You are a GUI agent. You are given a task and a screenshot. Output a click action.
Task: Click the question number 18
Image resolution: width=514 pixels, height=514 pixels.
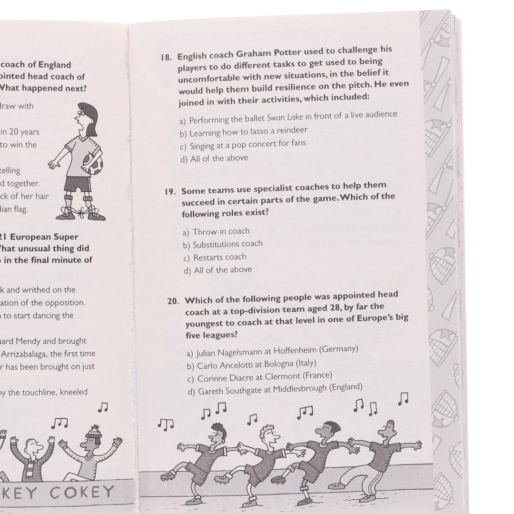click(x=166, y=58)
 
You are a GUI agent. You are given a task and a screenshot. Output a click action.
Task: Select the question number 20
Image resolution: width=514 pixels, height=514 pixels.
click(x=174, y=301)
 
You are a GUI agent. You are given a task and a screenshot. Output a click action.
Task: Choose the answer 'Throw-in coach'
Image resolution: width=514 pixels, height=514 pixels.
click(x=221, y=232)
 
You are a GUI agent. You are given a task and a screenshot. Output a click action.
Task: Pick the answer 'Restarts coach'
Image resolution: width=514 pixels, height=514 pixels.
click(x=219, y=257)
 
